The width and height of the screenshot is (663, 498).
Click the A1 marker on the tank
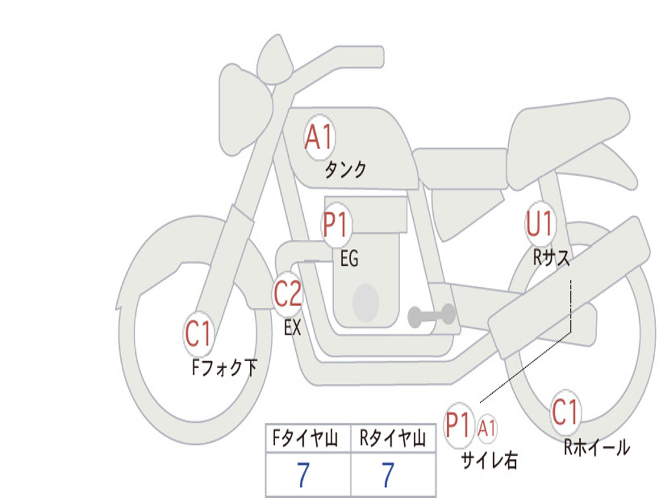click(x=320, y=137)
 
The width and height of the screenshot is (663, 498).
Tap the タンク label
click(x=345, y=169)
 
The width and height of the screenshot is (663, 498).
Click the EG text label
click(x=349, y=258)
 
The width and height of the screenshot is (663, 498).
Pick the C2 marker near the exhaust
click(x=287, y=294)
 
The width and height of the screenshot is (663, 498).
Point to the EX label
click(x=293, y=327)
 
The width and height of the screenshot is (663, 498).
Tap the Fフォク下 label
click(x=224, y=367)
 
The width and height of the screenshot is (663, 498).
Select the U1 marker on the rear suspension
click(x=539, y=223)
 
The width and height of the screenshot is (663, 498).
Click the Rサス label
click(x=552, y=257)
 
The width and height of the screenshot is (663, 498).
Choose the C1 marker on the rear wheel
click(x=565, y=412)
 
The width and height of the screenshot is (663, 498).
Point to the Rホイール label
click(x=596, y=447)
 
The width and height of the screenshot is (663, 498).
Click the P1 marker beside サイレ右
click(x=458, y=425)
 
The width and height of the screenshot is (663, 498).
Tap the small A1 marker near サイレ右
click(x=487, y=428)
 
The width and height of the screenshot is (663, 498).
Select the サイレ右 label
click(x=489, y=460)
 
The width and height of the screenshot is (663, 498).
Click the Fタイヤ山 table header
click(x=306, y=439)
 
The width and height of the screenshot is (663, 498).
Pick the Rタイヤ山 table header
click(x=393, y=439)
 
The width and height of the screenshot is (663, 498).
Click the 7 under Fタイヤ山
click(x=303, y=475)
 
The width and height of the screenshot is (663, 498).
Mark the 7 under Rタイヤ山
click(x=388, y=475)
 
